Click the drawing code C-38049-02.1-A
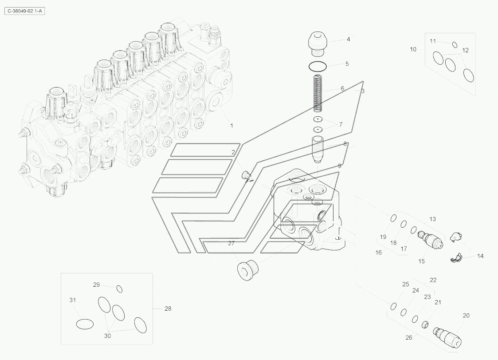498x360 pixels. [x=24, y=11]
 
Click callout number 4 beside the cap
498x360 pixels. [x=348, y=40]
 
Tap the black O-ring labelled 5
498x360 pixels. [x=318, y=67]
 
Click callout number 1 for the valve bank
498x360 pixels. [x=231, y=126]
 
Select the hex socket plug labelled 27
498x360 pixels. [x=248, y=271]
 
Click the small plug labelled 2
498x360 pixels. [x=246, y=174]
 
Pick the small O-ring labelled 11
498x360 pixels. [x=455, y=44]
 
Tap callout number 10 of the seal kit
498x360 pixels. [x=413, y=49]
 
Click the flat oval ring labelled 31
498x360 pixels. [x=85, y=324]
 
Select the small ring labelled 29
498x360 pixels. [x=119, y=289]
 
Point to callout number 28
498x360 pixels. [x=168, y=309]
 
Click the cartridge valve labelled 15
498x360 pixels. [x=430, y=239]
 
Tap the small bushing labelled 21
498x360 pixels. [x=425, y=324]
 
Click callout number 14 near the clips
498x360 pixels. [x=480, y=256]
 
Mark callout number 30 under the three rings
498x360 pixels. [x=108, y=336]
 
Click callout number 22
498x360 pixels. [x=433, y=280]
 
